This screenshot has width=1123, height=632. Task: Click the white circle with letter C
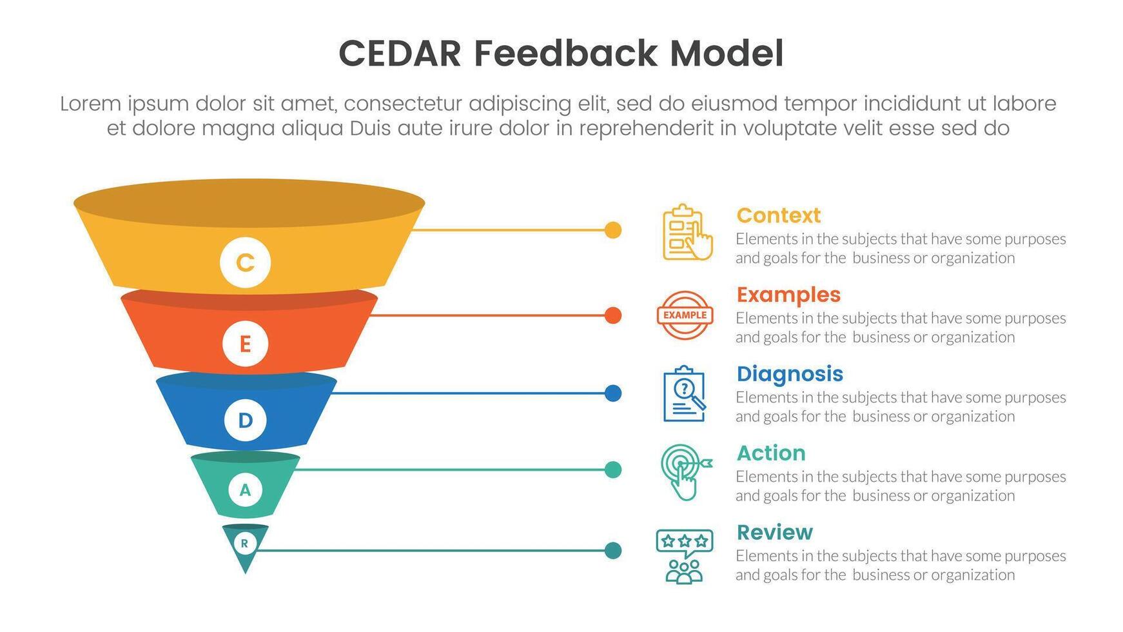click(x=245, y=262)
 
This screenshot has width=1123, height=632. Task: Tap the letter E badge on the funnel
click(x=245, y=344)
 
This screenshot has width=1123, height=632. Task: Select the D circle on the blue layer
click(x=245, y=420)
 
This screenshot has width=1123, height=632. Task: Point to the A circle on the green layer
click(x=245, y=490)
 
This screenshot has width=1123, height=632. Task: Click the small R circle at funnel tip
click(x=244, y=544)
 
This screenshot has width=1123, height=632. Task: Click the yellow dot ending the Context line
click(x=613, y=230)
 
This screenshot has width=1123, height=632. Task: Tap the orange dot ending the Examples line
click(x=613, y=315)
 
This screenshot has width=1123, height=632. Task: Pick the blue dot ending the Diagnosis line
click(x=613, y=393)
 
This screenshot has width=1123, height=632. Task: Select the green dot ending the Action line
click(x=613, y=470)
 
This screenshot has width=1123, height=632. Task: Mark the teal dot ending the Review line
click(x=613, y=551)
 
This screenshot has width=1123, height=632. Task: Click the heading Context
click(x=778, y=215)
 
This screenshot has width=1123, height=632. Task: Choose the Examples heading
click(x=788, y=295)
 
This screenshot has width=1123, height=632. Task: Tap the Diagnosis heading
click(x=789, y=374)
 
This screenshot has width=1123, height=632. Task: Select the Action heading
click(x=770, y=453)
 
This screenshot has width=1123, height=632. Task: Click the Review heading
click(x=774, y=533)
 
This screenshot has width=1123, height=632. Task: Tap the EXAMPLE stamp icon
click(x=685, y=315)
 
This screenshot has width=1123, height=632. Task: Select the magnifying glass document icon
click(x=685, y=394)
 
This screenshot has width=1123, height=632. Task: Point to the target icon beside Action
click(x=685, y=471)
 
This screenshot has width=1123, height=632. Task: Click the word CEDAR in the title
click(x=400, y=54)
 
